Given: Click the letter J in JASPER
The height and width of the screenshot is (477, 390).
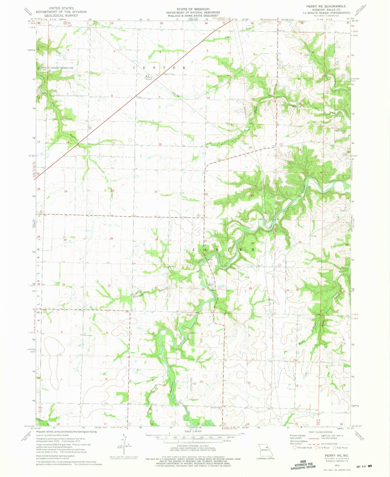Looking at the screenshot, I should (194, 250).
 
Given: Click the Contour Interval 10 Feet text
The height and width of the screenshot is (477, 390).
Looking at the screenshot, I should (193, 450).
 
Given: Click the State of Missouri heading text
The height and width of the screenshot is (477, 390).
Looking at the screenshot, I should (193, 9).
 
